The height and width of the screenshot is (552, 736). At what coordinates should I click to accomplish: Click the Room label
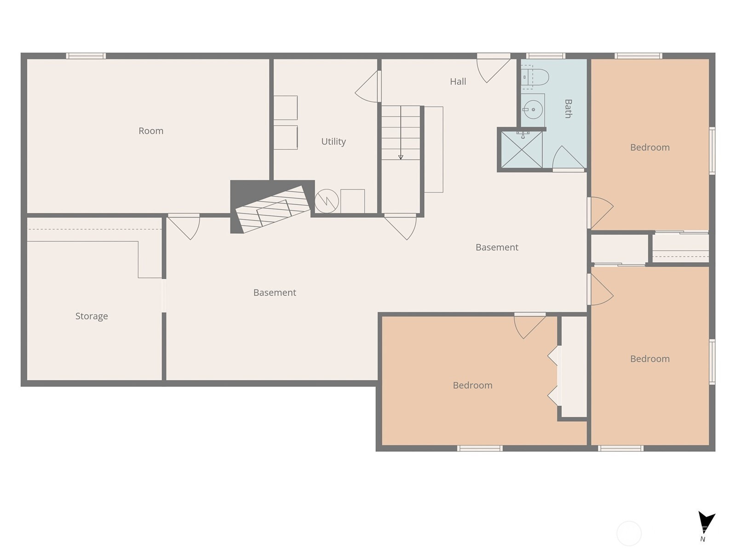pos(151,131)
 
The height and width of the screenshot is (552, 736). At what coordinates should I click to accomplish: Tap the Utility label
pos(333,141)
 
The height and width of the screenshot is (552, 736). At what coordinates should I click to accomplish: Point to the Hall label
pos(458,81)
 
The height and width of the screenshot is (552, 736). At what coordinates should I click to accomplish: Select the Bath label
pos(568,109)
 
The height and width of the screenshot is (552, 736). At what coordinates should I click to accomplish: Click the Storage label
pos(92,316)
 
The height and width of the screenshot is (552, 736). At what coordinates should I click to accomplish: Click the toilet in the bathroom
pos(535,77)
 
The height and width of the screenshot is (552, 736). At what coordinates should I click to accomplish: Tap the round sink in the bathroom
pos(533,109)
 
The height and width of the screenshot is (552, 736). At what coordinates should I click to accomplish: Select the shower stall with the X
pos(521,149)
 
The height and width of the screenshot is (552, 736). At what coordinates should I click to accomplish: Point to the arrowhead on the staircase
pos(400,157)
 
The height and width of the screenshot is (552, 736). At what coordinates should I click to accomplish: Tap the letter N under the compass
pos(702,539)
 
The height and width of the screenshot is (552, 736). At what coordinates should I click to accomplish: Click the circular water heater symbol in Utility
pos(327,201)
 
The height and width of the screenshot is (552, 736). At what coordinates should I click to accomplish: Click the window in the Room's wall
pos(86,56)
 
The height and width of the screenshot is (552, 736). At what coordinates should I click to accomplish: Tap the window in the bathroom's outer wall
pos(546,56)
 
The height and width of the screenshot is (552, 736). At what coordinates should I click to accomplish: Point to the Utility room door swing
pos(367,87)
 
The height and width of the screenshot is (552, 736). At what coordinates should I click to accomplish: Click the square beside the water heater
pos(352,201)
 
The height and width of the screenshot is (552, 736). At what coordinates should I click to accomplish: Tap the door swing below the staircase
pos(400,228)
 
